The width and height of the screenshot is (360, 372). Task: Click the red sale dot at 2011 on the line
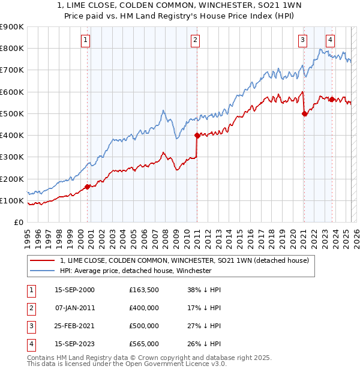click(x=197, y=135)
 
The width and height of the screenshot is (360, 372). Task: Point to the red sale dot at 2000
click(x=88, y=187)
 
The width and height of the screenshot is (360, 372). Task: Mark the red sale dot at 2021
click(x=304, y=113)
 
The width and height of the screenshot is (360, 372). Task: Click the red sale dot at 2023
click(x=332, y=99)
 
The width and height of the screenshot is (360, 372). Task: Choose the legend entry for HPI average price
click(x=136, y=271)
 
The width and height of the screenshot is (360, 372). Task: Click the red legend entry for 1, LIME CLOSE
click(x=184, y=260)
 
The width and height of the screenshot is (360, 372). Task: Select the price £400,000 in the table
click(x=144, y=308)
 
